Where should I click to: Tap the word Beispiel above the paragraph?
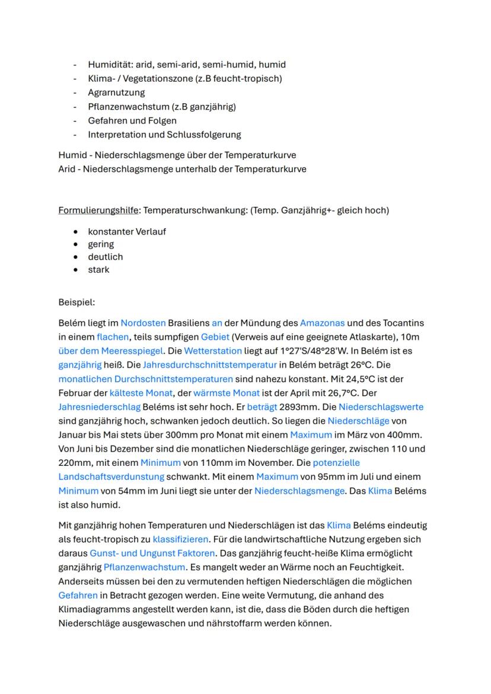coord(76,302)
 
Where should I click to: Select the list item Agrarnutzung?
coord(116,92)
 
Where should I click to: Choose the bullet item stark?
coord(98,270)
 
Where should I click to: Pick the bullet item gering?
coord(101,244)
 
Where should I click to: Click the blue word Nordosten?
coord(143,323)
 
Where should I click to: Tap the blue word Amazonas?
coord(322,323)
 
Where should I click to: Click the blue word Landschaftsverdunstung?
coord(111,476)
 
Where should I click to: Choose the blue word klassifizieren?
coord(180,539)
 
